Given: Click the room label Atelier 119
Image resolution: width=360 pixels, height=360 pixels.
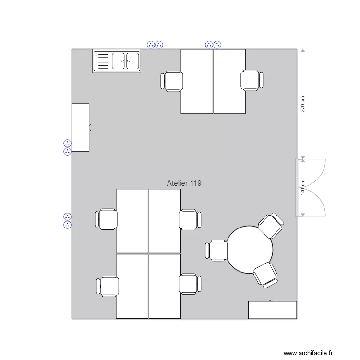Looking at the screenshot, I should [184, 183].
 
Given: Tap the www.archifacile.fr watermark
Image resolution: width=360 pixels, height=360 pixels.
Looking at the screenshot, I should [308, 353].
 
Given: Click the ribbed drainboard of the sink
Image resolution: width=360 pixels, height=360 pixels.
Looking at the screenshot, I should [102, 61].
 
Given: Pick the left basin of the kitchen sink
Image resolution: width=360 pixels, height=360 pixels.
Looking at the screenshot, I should [119, 61].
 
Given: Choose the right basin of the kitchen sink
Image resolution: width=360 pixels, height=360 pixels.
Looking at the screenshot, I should [132, 61].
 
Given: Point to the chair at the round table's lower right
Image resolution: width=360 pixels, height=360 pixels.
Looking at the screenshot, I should [265, 275].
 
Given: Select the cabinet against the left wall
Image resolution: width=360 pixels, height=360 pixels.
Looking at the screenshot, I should [80, 127].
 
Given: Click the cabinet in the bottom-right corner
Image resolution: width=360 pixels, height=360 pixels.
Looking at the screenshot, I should [272, 310].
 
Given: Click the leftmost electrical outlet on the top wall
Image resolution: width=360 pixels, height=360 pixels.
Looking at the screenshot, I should [151, 45].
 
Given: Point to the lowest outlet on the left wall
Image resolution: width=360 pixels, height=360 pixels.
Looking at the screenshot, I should [67, 225].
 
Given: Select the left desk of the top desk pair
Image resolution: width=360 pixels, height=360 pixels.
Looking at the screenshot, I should [197, 81].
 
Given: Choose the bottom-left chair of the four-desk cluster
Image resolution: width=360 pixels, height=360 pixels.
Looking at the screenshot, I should [108, 287].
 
